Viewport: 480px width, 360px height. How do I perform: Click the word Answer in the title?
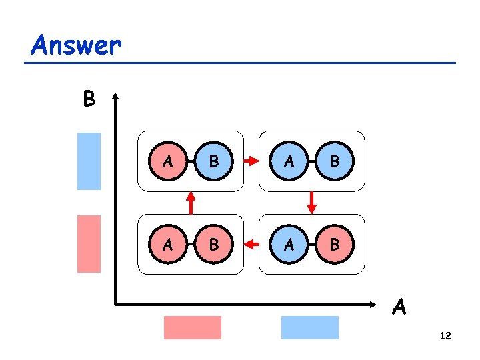[76, 45]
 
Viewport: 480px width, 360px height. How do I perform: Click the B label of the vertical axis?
[89, 99]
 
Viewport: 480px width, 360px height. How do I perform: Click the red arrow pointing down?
[312, 201]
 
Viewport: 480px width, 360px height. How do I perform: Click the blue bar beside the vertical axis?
[89, 161]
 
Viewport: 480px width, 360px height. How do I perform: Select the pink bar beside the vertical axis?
[89, 243]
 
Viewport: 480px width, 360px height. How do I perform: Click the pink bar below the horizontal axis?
[193, 327]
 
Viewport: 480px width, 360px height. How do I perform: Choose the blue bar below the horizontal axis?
[310, 327]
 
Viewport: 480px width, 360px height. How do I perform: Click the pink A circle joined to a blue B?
[169, 161]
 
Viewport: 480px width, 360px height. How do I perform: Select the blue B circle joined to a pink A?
[213, 161]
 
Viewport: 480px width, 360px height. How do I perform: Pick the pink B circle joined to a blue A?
[334, 245]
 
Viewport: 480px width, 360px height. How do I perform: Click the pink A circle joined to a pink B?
[169, 245]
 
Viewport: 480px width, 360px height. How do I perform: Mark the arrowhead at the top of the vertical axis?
[116, 96]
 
